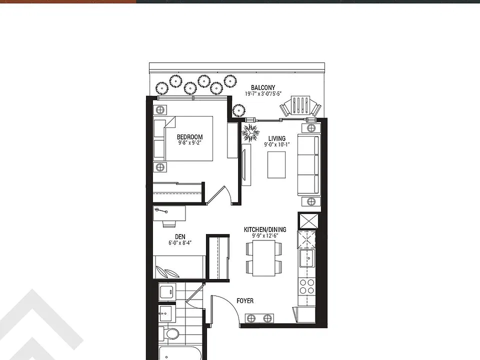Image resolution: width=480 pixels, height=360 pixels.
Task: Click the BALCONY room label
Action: pyautogui.click(x=263, y=87)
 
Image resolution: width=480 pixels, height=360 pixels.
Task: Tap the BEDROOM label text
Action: pyautogui.click(x=190, y=137)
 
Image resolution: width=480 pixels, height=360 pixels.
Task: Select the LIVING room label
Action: pyautogui.click(x=277, y=138)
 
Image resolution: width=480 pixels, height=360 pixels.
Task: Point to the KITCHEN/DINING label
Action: pyautogui.click(x=265, y=229)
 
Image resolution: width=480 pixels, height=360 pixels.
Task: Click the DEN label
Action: pyautogui.click(x=180, y=236)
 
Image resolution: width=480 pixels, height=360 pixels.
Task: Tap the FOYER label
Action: pyautogui.click(x=245, y=301)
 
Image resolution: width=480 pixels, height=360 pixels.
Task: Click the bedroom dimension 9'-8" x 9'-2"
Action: pyautogui.click(x=190, y=142)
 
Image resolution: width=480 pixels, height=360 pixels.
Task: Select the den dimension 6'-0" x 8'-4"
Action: pyautogui.click(x=180, y=243)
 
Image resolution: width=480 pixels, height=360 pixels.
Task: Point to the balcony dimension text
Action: pyautogui.click(x=263, y=94)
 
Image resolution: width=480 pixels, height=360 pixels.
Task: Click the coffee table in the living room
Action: pyautogui.click(x=276, y=164)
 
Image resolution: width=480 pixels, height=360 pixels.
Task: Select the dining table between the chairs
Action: pyautogui.click(x=264, y=258)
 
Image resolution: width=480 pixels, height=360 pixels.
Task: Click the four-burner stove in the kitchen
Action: pyautogui.click(x=307, y=286)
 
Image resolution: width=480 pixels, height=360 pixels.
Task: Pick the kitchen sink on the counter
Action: pyautogui.click(x=307, y=258)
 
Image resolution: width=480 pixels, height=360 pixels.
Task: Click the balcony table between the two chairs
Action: pyautogui.click(x=300, y=105)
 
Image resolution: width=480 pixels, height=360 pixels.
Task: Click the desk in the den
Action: pyautogui.click(x=169, y=213)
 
